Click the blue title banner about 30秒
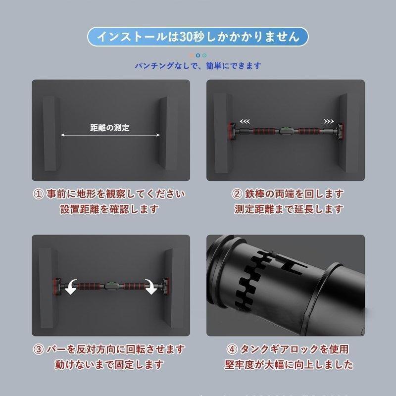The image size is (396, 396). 198,37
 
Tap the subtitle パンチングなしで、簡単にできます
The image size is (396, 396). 198,66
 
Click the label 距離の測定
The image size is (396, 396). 110,128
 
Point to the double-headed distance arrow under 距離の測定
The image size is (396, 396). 110,135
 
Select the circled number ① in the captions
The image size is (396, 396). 39,194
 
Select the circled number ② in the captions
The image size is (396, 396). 237,194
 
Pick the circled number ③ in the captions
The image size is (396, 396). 39,349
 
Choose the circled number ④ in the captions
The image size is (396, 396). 232,349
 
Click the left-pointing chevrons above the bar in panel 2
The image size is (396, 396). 245,122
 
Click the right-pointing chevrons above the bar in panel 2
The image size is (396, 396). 329,122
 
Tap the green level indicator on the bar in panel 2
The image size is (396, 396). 286,129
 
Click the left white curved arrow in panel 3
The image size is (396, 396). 71,287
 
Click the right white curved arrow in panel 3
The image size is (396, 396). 151,287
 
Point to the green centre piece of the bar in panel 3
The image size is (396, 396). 109,284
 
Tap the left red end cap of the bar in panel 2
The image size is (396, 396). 232,131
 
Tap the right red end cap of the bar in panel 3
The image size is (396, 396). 166,287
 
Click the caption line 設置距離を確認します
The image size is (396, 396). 109,209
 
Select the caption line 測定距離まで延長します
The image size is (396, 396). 289,209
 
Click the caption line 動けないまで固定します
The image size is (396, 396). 109,365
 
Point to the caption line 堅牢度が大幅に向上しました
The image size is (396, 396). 289,365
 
